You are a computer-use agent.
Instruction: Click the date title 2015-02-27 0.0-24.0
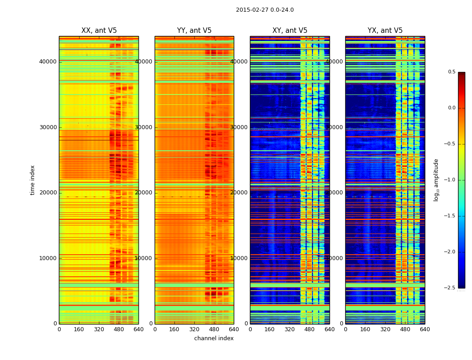(265, 10)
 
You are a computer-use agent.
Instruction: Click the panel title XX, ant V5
(99, 31)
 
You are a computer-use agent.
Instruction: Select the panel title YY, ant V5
(194, 31)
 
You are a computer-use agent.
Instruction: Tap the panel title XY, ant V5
(290, 31)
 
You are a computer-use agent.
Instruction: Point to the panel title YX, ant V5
(385, 31)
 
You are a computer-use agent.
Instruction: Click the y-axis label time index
(32, 180)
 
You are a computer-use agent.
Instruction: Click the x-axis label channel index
(214, 338)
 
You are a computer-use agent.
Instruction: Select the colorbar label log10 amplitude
(436, 180)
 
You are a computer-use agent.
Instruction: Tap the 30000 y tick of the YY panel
(143, 127)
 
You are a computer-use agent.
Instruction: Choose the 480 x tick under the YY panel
(214, 329)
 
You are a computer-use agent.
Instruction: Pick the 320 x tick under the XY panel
(290, 329)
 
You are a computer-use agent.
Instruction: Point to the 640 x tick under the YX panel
(425, 329)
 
